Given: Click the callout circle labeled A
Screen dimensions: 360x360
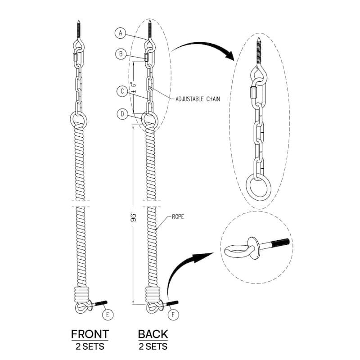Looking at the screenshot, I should click(x=120, y=32).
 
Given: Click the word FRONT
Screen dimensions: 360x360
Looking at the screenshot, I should click(x=90, y=334).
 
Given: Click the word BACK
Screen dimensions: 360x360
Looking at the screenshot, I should click(x=153, y=334).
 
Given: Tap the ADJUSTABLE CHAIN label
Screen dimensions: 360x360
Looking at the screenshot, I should click(x=198, y=99).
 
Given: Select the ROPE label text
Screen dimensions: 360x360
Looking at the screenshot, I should click(x=178, y=217).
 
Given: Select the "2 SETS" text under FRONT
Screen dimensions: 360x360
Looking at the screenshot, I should click(x=90, y=346).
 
